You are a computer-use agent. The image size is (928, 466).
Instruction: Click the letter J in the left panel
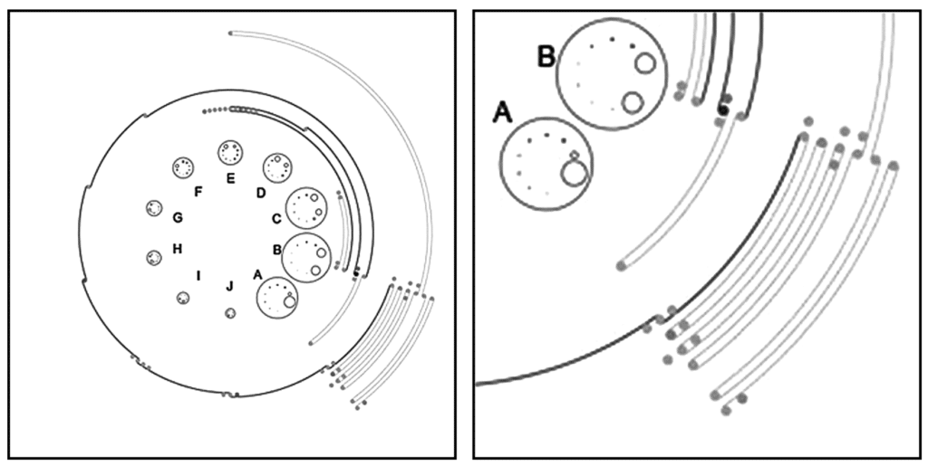click(x=229, y=287)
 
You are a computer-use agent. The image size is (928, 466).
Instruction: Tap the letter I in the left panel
click(x=198, y=274)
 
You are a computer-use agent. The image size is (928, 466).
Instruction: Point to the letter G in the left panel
click(x=178, y=217)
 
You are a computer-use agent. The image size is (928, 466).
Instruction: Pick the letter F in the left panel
click(x=197, y=191)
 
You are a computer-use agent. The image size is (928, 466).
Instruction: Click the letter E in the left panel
click(x=230, y=178)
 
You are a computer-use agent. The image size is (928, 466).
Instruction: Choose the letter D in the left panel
click(x=260, y=192)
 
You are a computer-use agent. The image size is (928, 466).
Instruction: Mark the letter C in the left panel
click(x=276, y=218)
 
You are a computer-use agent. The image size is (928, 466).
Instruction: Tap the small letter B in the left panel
click(x=276, y=248)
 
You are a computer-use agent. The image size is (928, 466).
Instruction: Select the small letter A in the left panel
click(x=257, y=273)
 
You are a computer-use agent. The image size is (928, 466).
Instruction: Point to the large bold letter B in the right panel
click(x=546, y=57)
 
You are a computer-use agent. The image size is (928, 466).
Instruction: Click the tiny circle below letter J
click(x=230, y=313)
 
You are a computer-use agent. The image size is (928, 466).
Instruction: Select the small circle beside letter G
click(x=153, y=208)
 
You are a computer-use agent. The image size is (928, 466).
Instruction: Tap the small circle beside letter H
click(x=154, y=258)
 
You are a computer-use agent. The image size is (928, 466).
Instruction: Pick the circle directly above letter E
click(x=230, y=153)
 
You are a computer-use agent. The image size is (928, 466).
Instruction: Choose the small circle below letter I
click(x=183, y=299)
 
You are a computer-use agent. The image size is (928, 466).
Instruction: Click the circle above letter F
click(x=184, y=167)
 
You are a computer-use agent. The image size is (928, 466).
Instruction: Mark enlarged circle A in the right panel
click(x=546, y=164)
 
